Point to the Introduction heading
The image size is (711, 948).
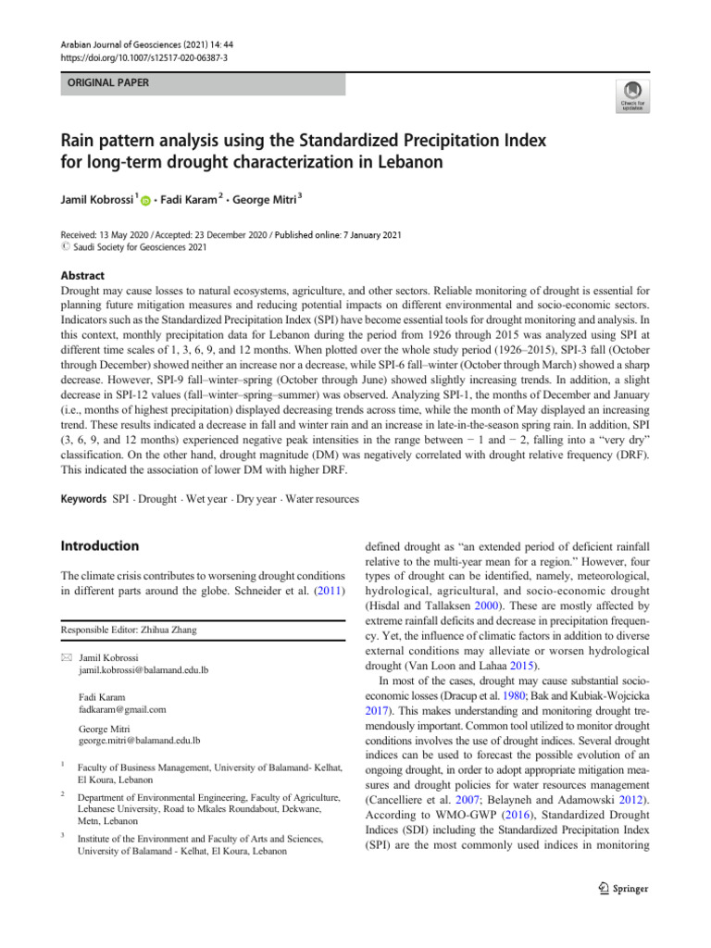click(x=99, y=546)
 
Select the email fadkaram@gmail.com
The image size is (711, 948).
click(x=122, y=710)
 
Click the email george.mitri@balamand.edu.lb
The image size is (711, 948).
click(x=141, y=742)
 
